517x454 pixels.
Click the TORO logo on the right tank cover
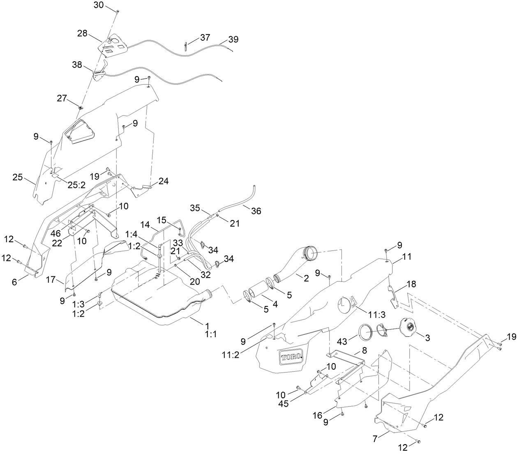point(291,357)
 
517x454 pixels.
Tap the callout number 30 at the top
point(99,5)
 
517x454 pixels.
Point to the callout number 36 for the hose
point(256,211)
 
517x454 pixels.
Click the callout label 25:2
point(76,185)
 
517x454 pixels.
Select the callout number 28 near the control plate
point(82,33)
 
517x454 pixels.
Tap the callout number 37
point(205,37)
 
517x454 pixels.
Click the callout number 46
point(55,233)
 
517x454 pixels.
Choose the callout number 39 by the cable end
point(233,39)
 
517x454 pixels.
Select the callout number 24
point(164,181)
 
